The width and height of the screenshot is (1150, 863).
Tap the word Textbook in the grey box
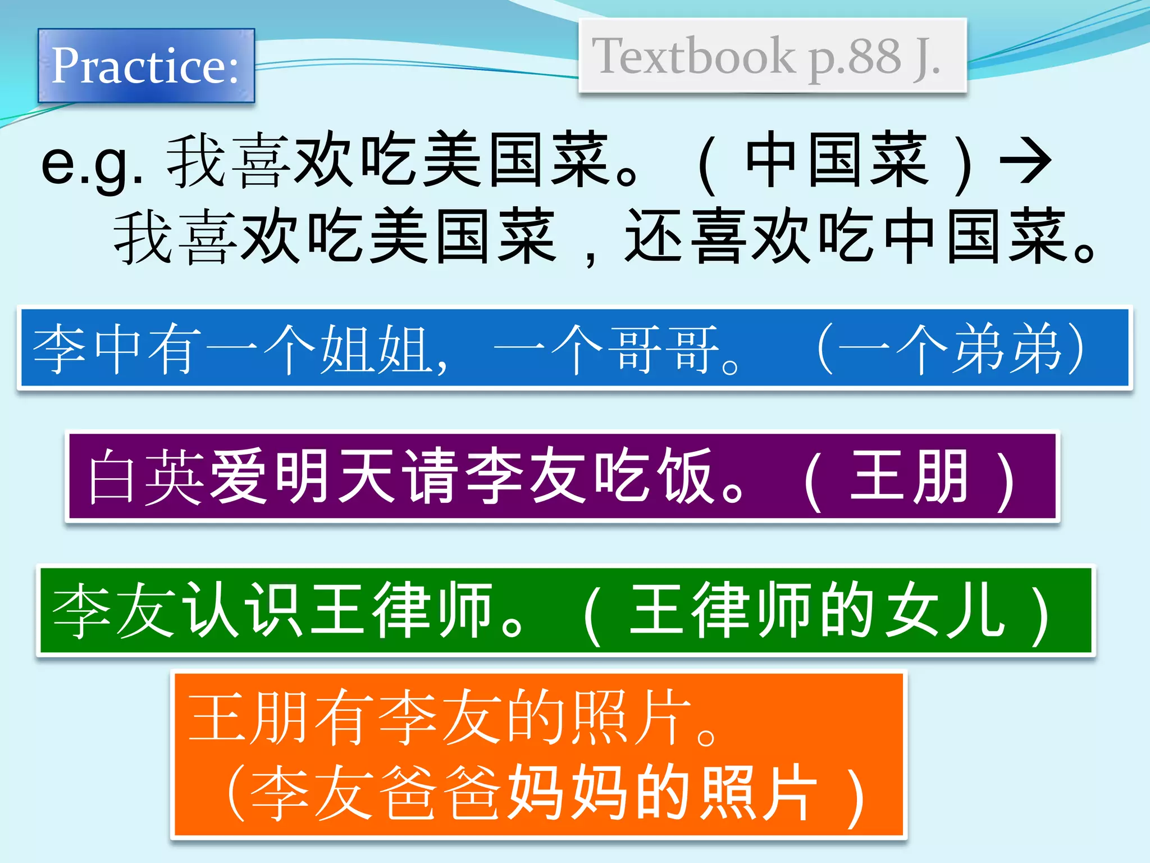tap(693, 56)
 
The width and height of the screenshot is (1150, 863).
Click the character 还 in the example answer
tap(654, 236)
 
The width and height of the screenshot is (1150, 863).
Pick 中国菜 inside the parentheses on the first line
tap(837, 160)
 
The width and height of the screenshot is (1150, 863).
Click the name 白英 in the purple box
tap(146, 476)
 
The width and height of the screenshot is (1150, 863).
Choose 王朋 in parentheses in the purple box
tap(910, 476)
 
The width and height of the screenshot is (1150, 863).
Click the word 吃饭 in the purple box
tap(654, 476)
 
